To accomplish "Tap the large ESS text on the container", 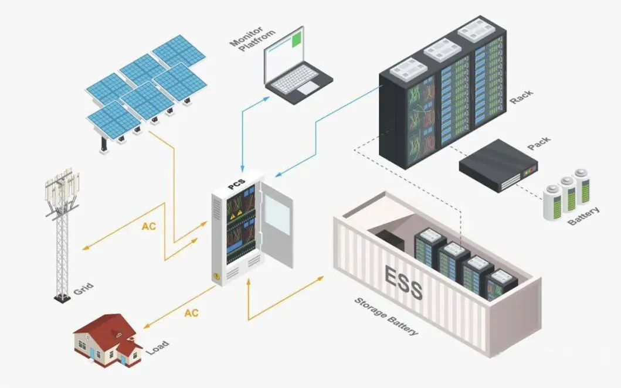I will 403,281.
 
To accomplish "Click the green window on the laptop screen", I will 298,39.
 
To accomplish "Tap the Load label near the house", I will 157,347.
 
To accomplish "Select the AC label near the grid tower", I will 149,226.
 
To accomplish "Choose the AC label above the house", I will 191,312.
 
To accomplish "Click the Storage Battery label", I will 386,316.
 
